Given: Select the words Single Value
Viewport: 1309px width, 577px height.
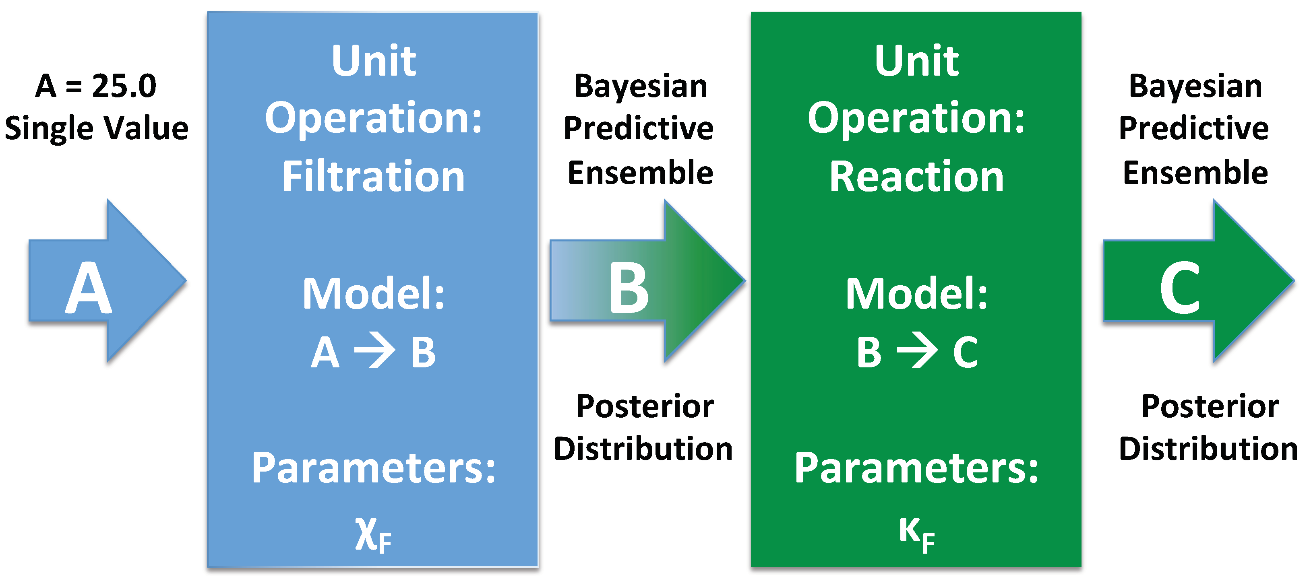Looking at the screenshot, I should click(x=97, y=128).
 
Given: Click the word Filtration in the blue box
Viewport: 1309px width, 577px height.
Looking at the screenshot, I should click(x=374, y=176).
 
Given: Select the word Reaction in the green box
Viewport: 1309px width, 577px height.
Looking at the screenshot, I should click(x=917, y=176).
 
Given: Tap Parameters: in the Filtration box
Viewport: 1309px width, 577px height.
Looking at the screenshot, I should click(x=374, y=468).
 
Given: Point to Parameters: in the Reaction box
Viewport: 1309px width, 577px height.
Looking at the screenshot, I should click(x=917, y=468).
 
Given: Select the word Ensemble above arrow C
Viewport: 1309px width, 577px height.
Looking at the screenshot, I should click(x=1195, y=173).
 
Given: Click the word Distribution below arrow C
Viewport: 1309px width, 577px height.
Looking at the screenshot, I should click(x=1208, y=449).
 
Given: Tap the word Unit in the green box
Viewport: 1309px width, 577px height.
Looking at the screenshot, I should click(x=917, y=61).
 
